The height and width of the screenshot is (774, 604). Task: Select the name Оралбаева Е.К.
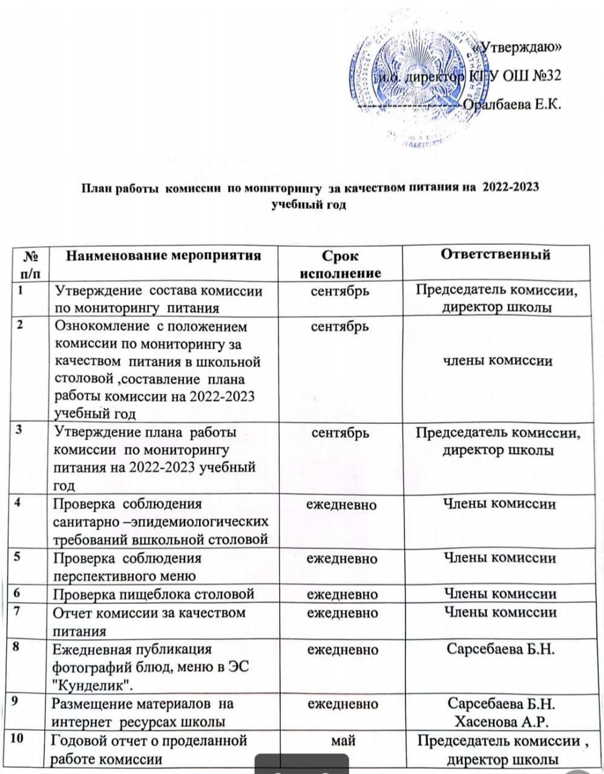coord(512,104)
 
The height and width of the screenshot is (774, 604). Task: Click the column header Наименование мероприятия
coord(163,255)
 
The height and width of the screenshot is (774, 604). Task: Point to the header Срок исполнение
coord(340,264)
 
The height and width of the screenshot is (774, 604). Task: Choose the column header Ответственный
coord(495,254)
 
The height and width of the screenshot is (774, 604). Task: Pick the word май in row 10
coord(343,740)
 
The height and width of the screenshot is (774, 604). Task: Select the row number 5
coord(20,556)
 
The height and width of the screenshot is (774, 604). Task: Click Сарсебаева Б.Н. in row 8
coord(501,649)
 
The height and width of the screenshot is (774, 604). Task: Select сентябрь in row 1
coord(340,291)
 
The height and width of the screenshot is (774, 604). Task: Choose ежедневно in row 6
coord(342,594)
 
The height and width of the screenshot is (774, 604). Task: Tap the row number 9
coord(20,703)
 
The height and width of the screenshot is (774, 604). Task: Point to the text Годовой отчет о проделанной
coord(149,740)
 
